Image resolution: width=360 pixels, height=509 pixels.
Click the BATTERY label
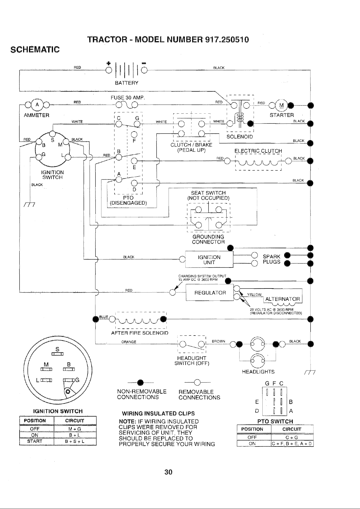coord(127,83)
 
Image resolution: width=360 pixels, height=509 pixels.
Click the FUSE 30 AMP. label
coord(128,98)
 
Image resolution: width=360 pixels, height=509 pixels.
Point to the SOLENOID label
coord(240,136)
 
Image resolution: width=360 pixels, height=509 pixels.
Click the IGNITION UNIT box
coord(209,260)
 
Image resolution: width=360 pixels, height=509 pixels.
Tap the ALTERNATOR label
coord(282,299)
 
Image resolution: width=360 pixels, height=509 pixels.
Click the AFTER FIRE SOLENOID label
coord(140,333)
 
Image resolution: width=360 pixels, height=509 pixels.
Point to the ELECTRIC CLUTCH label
coord(258,151)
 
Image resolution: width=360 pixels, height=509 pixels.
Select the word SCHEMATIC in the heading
coord(35,50)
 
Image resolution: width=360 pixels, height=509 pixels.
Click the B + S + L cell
coord(75,441)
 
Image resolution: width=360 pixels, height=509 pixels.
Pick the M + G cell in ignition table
coord(75,429)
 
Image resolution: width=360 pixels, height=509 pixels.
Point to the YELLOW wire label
coord(254,294)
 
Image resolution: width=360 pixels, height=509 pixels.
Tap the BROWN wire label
coord(218,341)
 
